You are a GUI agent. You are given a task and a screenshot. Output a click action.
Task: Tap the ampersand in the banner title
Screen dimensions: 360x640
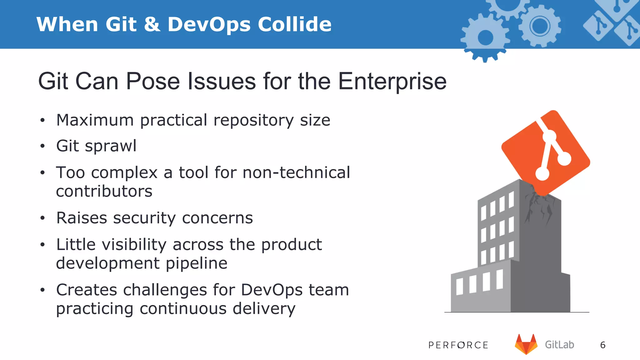(x=152, y=24)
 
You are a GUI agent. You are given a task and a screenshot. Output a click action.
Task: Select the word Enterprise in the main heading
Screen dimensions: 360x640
(x=392, y=82)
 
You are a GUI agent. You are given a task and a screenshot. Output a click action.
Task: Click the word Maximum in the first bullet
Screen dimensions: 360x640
(x=95, y=120)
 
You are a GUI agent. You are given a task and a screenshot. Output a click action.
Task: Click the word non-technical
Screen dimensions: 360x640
(x=296, y=173)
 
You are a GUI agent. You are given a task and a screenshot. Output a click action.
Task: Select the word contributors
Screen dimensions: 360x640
(x=104, y=191)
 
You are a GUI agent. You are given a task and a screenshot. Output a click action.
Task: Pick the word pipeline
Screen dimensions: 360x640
(x=196, y=263)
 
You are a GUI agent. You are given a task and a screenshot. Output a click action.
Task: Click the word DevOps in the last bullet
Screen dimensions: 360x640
(x=272, y=290)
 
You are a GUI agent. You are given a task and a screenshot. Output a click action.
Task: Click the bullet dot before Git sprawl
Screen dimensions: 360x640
(x=42, y=146)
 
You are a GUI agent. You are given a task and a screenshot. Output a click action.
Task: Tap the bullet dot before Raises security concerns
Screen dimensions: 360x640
(x=42, y=218)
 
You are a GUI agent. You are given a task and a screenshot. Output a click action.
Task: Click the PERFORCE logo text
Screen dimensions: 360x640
(x=458, y=345)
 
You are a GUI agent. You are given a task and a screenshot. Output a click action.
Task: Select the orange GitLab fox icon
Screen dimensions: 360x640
(x=526, y=344)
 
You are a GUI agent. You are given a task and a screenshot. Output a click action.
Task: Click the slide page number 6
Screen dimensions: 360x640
(x=603, y=345)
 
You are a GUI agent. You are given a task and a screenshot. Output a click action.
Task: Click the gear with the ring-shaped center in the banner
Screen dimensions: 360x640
(x=540, y=26)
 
